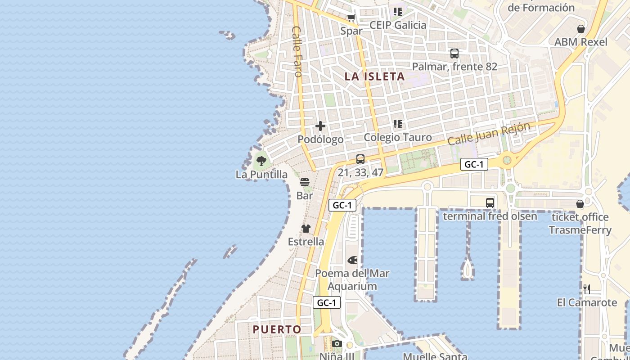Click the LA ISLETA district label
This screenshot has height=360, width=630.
(x=374, y=76)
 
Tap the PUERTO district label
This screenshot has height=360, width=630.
(x=277, y=329)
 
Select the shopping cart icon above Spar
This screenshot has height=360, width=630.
(x=351, y=18)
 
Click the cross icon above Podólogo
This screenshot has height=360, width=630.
(x=320, y=126)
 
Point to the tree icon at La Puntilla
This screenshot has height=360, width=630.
(x=261, y=160)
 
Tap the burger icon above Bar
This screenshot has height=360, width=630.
(x=305, y=182)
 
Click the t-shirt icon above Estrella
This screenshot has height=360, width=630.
(x=306, y=229)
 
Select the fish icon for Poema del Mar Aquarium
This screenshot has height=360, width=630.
(x=352, y=260)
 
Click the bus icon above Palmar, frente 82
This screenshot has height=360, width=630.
(x=454, y=54)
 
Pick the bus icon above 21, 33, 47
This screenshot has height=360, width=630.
(x=360, y=159)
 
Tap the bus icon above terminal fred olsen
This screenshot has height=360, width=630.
(x=490, y=203)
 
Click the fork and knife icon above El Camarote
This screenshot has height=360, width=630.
(x=587, y=289)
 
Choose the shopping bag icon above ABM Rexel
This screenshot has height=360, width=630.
(x=581, y=29)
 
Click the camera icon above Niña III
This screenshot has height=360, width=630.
(x=337, y=344)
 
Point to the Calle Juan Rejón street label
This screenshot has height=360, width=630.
(x=489, y=134)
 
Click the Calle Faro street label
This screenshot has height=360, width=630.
(x=297, y=51)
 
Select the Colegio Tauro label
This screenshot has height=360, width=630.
(x=398, y=137)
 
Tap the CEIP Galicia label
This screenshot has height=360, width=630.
(x=398, y=25)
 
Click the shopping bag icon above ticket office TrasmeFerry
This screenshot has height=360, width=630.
(x=580, y=204)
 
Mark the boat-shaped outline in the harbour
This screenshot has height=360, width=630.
(x=468, y=268)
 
